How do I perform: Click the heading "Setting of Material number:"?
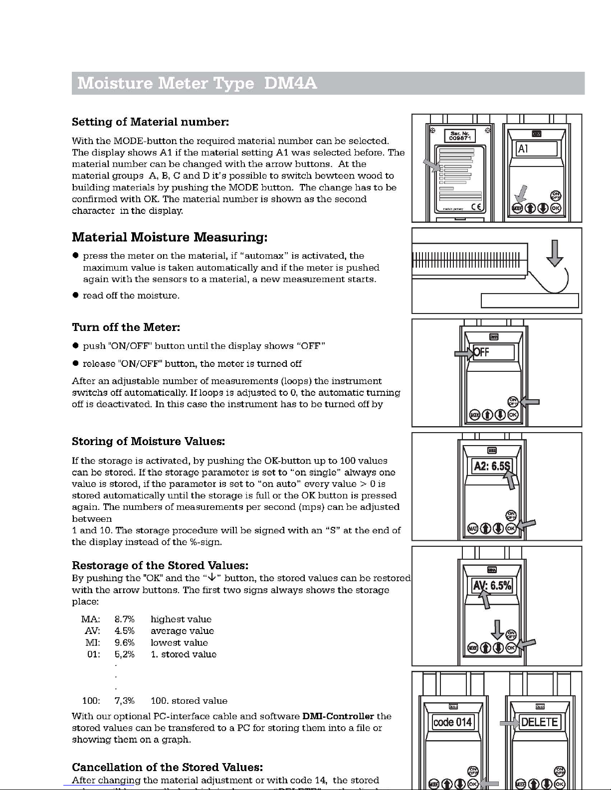point(150,122)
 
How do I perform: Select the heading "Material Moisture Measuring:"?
point(170,237)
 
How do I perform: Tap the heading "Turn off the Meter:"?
point(126,327)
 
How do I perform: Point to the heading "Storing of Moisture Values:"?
point(149,442)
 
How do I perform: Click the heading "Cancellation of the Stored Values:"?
point(167,767)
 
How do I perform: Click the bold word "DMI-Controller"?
point(338,716)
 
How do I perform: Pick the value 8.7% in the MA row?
point(125,620)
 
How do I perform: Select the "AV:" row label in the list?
point(93,631)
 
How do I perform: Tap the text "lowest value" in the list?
point(179,643)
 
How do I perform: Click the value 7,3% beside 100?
point(125,701)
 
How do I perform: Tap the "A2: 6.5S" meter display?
point(492,467)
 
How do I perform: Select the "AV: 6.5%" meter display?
point(492,585)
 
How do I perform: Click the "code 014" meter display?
point(452,722)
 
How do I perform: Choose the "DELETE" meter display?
point(539,722)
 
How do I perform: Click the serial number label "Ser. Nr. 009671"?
point(459,136)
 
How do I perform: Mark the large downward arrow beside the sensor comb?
point(555,255)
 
